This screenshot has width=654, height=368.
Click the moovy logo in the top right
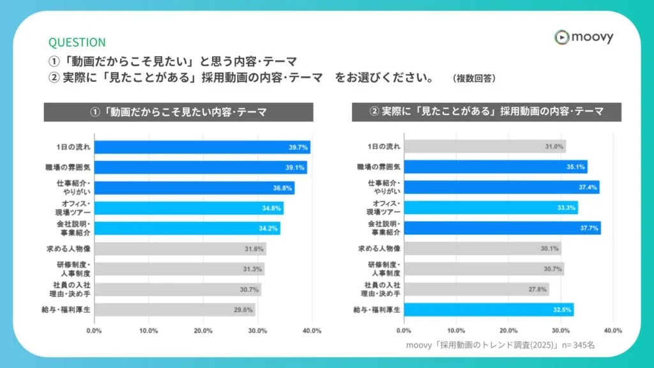coord(584,37)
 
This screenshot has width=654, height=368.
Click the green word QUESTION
coord(77,42)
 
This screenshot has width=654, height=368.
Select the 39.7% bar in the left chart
coord(202,147)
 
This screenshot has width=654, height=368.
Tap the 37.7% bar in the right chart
coord(502,228)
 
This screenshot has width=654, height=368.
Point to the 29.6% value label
coord(243,310)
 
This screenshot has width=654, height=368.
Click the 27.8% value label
coord(537,289)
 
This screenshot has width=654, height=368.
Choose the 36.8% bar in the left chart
coord(194,188)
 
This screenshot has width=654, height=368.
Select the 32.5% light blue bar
coord(489,310)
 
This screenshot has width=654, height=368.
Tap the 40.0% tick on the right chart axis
coord(612,330)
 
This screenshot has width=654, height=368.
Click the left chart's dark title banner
coord(178,112)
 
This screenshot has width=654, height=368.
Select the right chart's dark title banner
coord(487,112)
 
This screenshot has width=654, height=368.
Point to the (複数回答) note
coord(473,79)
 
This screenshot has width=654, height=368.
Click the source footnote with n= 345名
coord(500,345)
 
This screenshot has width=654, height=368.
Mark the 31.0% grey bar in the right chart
coord(485,147)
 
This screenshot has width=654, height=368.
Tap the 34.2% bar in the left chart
coord(187,228)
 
